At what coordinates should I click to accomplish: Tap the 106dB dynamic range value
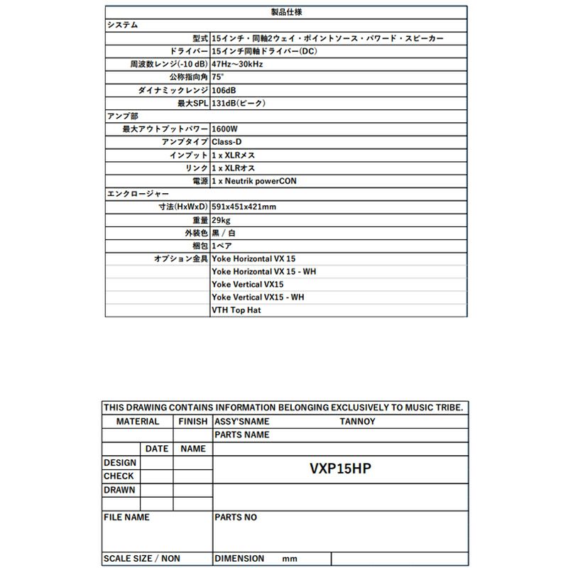(x=224, y=90)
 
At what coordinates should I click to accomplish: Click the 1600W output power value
(x=225, y=129)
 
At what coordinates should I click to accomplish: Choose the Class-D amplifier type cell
(x=227, y=142)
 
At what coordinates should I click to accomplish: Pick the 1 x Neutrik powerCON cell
(x=254, y=181)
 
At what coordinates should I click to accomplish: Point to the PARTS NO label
(x=236, y=518)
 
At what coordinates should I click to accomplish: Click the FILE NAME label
(x=126, y=518)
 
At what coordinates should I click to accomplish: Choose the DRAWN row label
(x=119, y=490)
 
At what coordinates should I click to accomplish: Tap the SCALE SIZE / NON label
(x=142, y=559)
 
